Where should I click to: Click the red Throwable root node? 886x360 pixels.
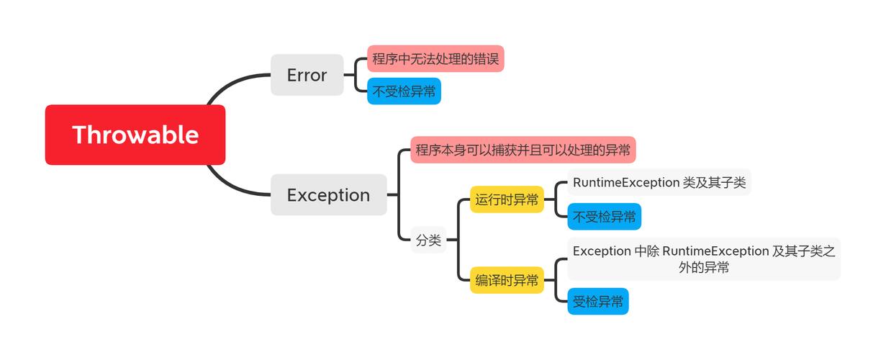coord(135,135)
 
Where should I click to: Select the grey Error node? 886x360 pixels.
coord(307,75)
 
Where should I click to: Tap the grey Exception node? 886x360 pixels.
coord(328,195)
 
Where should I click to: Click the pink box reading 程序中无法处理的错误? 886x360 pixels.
coord(435,59)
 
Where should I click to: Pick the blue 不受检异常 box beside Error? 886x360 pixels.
coord(403,91)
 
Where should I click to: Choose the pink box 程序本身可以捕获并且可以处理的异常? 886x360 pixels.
coord(523,150)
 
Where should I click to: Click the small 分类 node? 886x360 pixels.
coord(428,240)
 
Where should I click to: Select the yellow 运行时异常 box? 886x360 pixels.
coord(507,199)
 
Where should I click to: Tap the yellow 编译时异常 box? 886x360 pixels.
coord(507,280)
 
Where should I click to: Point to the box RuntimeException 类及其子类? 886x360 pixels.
coord(659,182)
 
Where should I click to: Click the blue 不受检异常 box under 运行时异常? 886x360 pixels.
coord(604,217)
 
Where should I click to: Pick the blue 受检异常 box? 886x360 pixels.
coord(597,302)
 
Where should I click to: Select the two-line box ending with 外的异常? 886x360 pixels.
coord(703,259)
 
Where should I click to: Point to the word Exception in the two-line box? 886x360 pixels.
coord(602,251)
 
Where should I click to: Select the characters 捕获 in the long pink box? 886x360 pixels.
coord(507,150)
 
